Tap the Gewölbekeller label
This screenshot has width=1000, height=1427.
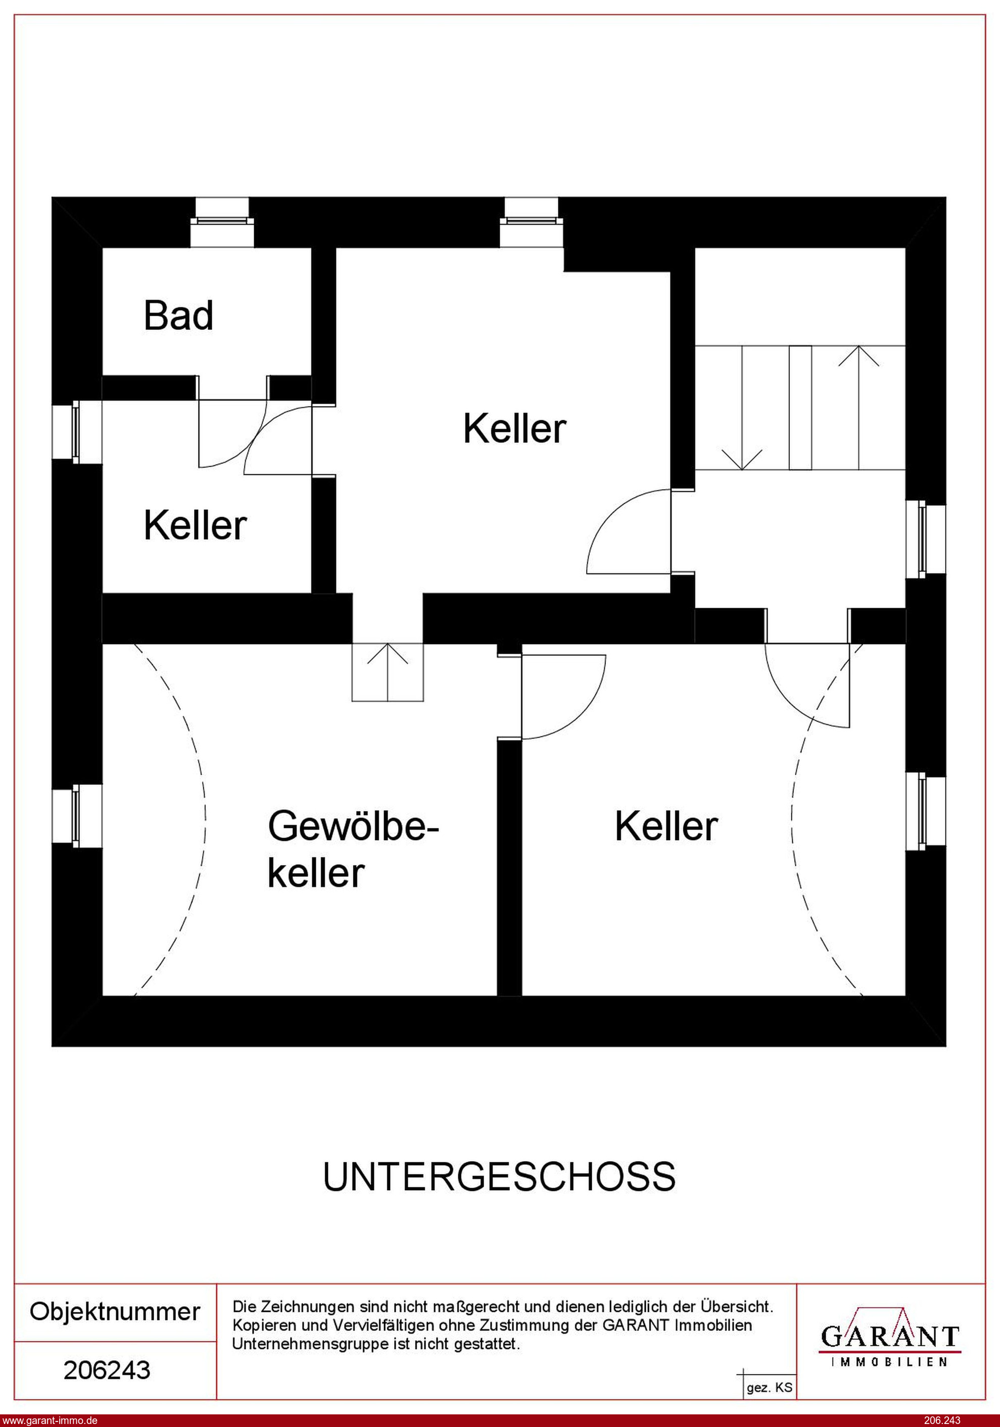coord(353,850)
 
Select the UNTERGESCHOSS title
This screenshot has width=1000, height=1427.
coord(499,1176)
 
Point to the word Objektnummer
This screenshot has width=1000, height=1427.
coord(115,1312)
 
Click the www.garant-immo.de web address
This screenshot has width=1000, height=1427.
coord(49,1420)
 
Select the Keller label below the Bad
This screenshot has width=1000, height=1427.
coord(195,525)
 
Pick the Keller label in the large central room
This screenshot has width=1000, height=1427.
coord(515,428)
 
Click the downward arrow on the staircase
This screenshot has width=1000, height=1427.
coord(742,407)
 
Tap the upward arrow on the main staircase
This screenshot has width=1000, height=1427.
coord(859,407)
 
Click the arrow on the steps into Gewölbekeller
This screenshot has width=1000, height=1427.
coord(388,672)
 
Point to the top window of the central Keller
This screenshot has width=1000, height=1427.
coord(532,222)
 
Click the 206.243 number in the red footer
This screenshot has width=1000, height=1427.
coord(943,1420)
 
